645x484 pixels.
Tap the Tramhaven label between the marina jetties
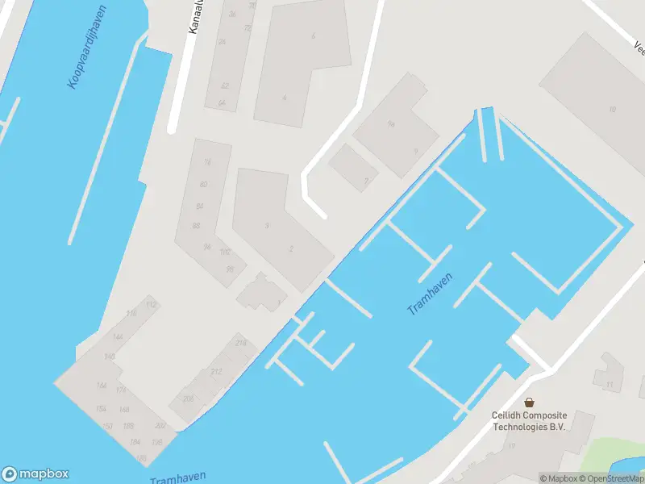430,294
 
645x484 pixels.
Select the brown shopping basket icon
530,402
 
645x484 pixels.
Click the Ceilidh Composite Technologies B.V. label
529,420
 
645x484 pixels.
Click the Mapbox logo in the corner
35,474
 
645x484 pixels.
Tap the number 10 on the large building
613,110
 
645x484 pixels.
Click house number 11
610,384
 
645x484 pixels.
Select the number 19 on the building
511,446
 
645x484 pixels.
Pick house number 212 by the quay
215,372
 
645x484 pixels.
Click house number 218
240,344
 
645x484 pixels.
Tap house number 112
151,304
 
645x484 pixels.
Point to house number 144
118,337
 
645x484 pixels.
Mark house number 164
101,386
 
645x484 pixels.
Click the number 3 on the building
267,225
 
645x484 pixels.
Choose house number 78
208,162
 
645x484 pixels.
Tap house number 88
197,225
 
